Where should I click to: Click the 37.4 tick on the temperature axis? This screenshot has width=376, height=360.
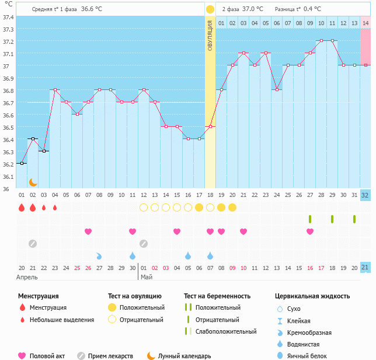point(8,17)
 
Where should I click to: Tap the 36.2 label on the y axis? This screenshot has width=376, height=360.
point(8,164)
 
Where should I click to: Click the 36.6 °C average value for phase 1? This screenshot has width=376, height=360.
point(91,9)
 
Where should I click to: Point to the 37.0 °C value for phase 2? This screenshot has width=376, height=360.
point(253,9)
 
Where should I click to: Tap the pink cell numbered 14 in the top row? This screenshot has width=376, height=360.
point(365,23)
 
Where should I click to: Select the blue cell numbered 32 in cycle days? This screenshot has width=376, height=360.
point(365,195)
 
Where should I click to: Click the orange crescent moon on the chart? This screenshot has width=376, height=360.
point(33,182)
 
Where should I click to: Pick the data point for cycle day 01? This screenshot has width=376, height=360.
point(22,164)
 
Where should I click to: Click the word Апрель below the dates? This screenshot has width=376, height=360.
point(27,277)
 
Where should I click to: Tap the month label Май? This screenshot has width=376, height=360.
point(146,277)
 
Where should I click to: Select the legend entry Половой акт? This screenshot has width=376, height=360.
point(47,356)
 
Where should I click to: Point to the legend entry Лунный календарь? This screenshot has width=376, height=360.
point(184,356)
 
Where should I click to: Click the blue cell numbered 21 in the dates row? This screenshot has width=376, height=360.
point(365,268)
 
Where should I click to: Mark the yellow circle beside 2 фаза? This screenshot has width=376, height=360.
point(210,9)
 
